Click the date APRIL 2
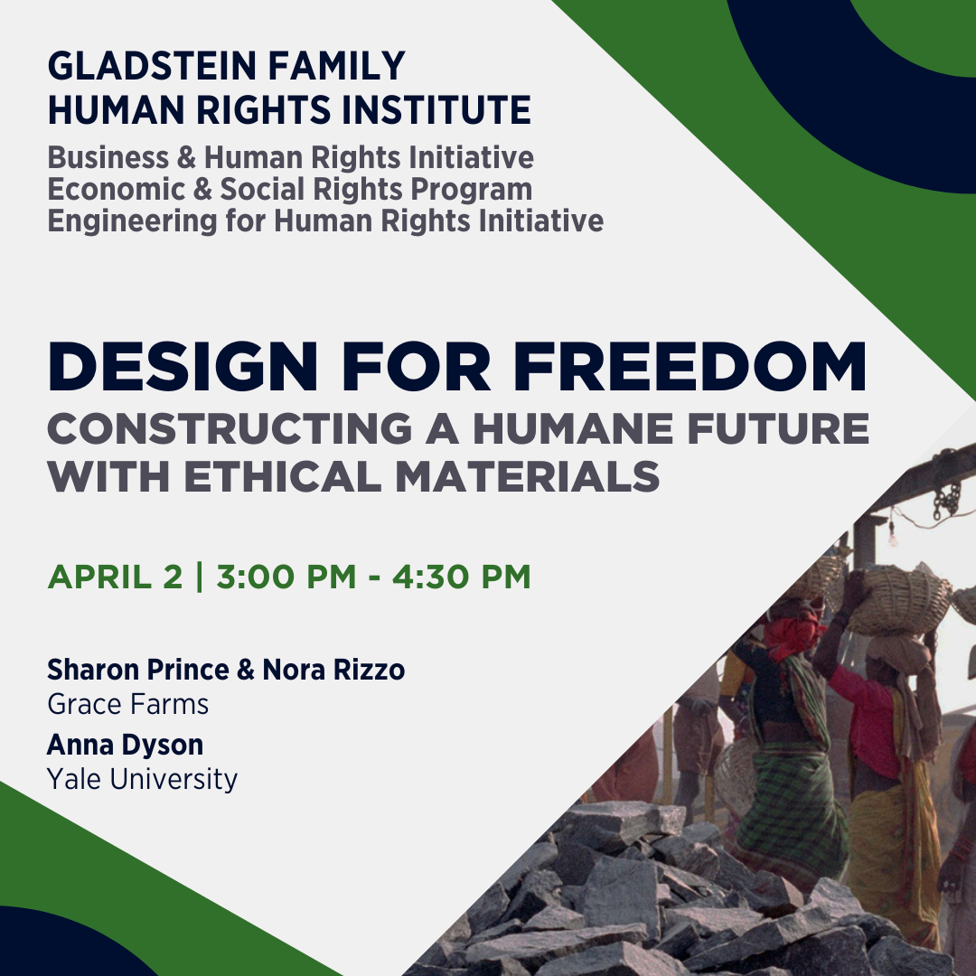115,577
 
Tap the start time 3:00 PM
286,577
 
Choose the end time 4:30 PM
461,577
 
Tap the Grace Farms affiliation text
127,704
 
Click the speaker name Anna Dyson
125,745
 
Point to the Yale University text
142,778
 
